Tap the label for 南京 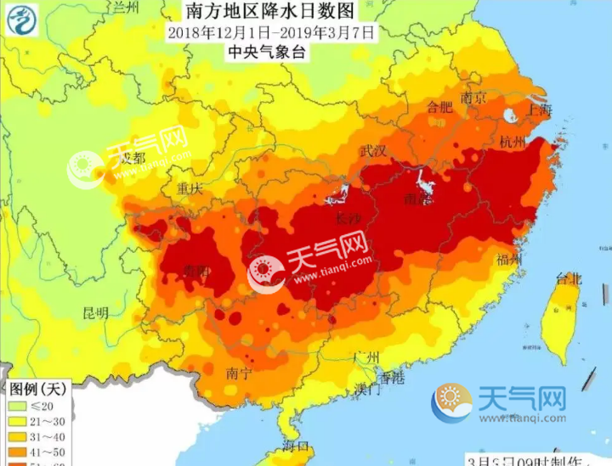473,98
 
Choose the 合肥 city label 439,107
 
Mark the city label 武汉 373,152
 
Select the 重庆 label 188,188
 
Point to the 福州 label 508,259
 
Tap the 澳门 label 368,390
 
